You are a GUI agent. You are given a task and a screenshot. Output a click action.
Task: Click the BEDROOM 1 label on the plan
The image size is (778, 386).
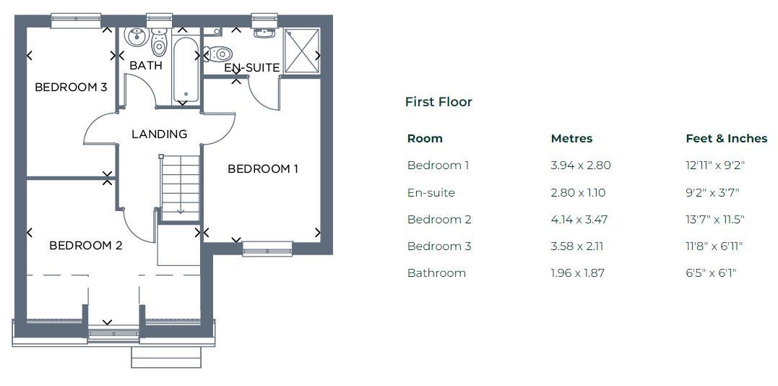[263, 169]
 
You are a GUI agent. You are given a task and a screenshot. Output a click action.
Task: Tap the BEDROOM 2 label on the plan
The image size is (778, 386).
[85, 246]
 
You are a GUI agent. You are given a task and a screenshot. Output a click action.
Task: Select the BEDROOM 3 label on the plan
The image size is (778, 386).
[71, 87]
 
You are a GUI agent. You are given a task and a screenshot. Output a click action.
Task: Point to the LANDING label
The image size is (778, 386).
[159, 134]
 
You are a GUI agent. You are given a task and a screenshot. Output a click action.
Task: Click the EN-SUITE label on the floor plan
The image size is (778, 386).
[251, 68]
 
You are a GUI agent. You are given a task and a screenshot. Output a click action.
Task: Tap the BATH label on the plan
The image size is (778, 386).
[145, 65]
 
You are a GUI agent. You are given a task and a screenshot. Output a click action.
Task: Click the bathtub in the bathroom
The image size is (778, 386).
[185, 69]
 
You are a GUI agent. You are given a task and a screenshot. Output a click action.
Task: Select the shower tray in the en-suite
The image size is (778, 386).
[301, 51]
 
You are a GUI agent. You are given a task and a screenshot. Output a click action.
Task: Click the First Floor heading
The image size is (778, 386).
[438, 102]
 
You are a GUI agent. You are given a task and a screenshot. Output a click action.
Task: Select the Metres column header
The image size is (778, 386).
[571, 139]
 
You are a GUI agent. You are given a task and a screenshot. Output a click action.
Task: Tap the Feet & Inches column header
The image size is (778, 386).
[726, 139]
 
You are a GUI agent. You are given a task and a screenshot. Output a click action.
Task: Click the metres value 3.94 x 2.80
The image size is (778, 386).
[580, 166]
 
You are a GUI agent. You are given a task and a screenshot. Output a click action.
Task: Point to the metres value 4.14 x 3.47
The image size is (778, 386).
[580, 220]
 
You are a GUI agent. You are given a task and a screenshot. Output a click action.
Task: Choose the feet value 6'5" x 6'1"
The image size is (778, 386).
[710, 273]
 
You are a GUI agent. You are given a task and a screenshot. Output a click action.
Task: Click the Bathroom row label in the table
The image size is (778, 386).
[436, 273]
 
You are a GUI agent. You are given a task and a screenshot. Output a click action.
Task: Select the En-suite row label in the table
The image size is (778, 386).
[431, 193]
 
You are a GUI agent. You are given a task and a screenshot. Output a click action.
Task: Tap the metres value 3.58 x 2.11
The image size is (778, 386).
[576, 246]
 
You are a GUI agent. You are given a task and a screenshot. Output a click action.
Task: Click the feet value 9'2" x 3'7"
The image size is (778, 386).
[712, 193]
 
